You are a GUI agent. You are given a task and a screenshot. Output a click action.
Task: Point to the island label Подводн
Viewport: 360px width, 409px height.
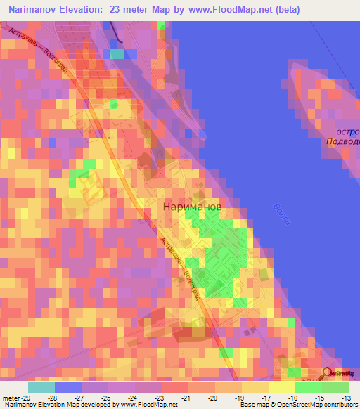(x=342, y=141)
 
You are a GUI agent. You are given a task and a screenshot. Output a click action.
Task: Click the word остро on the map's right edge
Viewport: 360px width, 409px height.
(x=347, y=131)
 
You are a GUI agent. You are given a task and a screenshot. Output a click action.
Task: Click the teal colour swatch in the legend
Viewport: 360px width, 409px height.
(x=41, y=387)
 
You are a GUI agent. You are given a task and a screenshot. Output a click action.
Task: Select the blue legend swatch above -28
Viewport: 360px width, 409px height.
(x=68, y=387)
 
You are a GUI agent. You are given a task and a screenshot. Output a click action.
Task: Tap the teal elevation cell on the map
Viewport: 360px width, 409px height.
(x=117, y=53)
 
